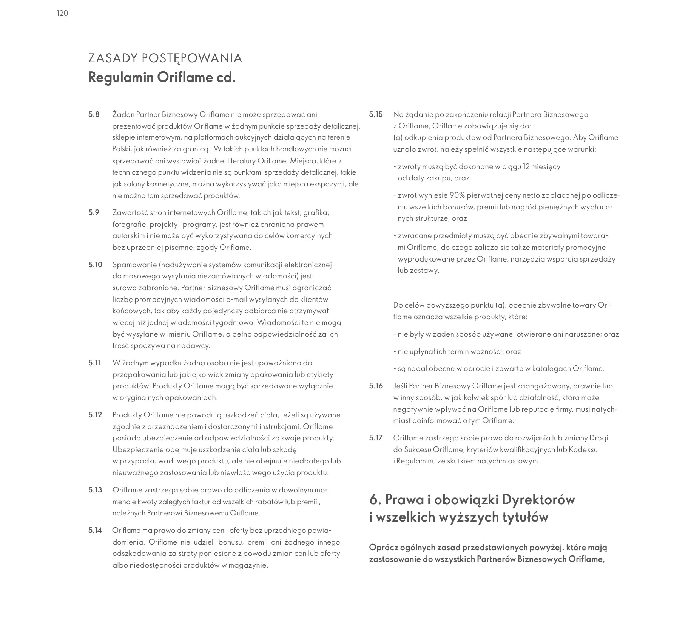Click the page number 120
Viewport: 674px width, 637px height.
[62, 14]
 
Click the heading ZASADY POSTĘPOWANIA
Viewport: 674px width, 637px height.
[165, 58]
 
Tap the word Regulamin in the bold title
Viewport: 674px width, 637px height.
[121, 78]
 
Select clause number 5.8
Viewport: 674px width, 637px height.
[94, 114]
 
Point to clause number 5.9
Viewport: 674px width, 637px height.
[94, 212]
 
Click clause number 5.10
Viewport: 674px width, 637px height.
[96, 265]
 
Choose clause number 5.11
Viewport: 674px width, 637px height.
[94, 363]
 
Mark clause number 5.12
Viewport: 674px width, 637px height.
[95, 415]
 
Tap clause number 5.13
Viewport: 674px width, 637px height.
[95, 490]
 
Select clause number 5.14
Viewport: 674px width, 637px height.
[95, 531]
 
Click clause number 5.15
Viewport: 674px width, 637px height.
[376, 114]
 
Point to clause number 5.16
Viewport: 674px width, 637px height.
[376, 386]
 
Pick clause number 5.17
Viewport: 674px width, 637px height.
[376, 438]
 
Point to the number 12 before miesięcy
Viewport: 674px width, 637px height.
[526, 166]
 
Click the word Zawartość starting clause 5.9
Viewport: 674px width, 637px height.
[128, 212]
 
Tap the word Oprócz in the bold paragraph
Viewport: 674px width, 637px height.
[382, 547]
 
